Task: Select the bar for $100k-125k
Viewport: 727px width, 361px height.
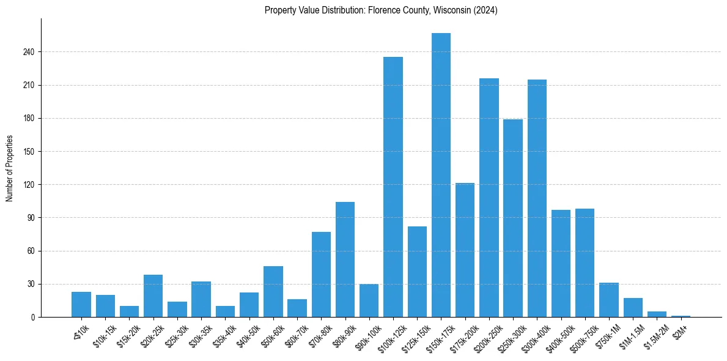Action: pos(393,187)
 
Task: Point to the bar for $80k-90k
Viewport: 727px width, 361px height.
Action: pos(345,259)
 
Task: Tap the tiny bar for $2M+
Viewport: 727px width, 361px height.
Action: pos(681,316)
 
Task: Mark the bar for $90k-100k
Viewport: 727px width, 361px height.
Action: pos(369,300)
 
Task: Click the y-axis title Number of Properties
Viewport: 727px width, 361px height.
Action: pos(9,168)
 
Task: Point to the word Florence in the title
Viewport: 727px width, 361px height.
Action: pos(382,10)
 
